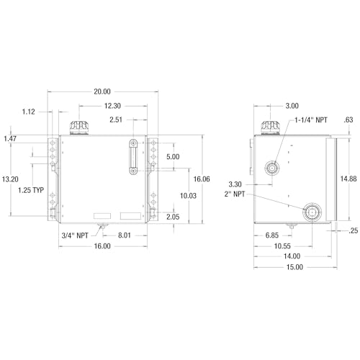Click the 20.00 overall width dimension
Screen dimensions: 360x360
[102, 91]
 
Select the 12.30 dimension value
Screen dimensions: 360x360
[112, 106]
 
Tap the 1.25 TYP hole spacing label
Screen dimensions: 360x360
[31, 190]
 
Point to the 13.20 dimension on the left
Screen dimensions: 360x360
[10, 179]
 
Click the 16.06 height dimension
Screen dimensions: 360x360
[202, 179]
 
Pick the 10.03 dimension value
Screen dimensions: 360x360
[188, 196]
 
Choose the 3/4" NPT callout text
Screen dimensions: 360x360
[75, 235]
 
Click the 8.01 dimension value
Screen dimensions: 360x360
[125, 235]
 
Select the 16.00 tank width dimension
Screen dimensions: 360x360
[102, 246]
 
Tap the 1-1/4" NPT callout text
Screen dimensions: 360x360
[311, 120]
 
